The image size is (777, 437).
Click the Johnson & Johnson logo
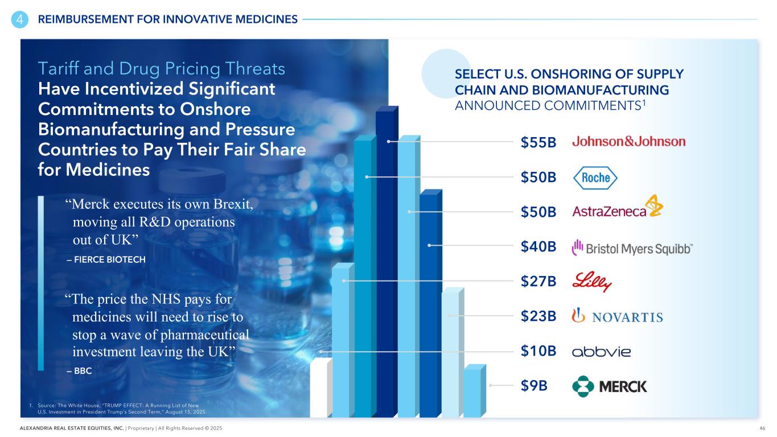[628, 142]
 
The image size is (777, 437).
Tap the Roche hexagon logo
[595, 178]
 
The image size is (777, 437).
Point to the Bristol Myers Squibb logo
[632, 248]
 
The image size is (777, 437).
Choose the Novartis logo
[617, 316]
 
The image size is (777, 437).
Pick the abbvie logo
[601, 352]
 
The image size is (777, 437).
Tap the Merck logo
[609, 386]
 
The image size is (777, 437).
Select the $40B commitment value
[538, 247]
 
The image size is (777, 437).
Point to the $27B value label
[538, 282]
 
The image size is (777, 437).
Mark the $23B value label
[538, 316]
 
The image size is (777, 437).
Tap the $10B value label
[538, 351]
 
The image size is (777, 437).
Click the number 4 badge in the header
[19, 19]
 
